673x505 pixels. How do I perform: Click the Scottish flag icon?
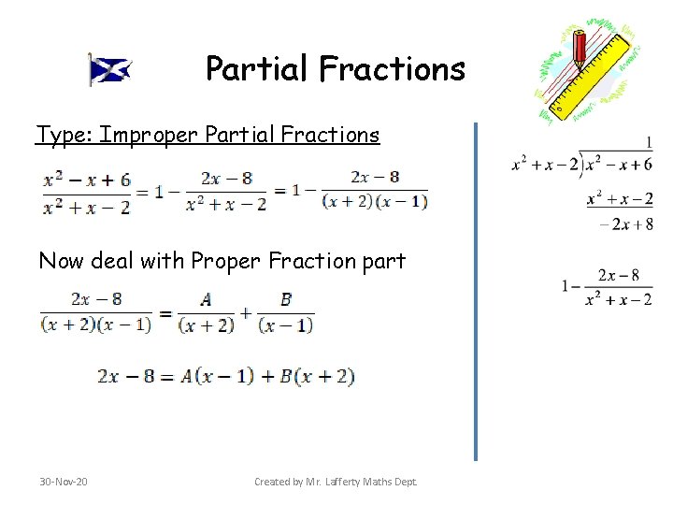(110, 69)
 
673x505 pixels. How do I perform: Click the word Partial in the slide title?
(257, 68)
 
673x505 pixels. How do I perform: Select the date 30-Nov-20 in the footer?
(64, 482)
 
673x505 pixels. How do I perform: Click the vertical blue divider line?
(475, 290)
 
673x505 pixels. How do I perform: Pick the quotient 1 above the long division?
(648, 143)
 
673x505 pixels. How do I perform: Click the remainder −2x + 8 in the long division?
(625, 224)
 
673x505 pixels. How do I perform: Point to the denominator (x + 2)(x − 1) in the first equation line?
(374, 200)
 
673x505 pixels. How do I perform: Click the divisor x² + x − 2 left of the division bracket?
(545, 165)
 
